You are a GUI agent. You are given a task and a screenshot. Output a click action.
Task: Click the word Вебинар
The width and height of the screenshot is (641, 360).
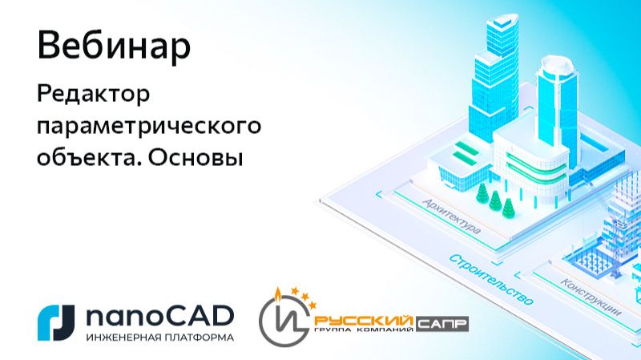coord(114,47)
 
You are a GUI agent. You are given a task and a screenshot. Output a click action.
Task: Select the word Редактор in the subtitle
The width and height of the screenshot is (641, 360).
coord(94,96)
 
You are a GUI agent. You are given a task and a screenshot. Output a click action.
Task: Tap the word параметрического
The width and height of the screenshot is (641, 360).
coord(150,127)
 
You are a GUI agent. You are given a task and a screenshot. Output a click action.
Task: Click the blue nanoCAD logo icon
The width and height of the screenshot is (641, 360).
coord(56,322)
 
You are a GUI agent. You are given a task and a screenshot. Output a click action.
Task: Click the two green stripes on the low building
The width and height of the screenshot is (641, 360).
coord(466,152)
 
